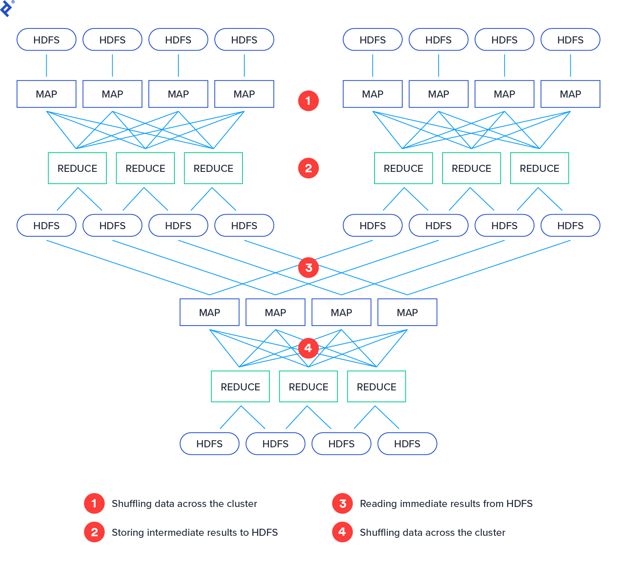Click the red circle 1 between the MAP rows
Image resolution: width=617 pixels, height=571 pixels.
pos(308,101)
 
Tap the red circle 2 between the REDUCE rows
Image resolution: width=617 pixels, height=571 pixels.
pos(308,168)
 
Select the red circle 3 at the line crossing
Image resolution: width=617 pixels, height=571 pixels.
pos(308,268)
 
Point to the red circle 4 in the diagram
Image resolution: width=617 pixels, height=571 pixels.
pos(308,348)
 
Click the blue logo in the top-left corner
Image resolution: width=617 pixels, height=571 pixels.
pos(6,8)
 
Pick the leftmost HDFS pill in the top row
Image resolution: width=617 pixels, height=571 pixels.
pos(47,40)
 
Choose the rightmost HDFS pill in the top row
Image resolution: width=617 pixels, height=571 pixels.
pos(570,40)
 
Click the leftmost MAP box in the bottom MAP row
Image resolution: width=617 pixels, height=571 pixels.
pos(210,312)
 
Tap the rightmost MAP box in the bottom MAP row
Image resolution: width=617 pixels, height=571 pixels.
pos(407,312)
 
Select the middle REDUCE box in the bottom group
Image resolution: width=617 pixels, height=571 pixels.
pos(308,386)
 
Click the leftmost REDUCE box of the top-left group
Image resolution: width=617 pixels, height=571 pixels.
pos(78,168)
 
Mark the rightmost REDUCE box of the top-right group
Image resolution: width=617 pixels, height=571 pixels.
pos(539,168)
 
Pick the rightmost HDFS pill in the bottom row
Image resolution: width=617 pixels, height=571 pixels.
pos(407,444)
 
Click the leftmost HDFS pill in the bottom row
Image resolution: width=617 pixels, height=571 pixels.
pos(210,444)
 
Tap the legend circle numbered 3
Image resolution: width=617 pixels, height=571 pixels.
pos(343,503)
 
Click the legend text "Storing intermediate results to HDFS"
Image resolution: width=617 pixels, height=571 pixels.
pos(195,532)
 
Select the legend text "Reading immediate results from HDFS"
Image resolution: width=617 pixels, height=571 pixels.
pos(446,503)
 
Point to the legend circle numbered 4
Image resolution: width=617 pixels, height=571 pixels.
pos(343,532)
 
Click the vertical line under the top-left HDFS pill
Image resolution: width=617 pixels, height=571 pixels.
pos(47,65)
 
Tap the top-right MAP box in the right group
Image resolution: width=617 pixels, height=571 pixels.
pos(570,94)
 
